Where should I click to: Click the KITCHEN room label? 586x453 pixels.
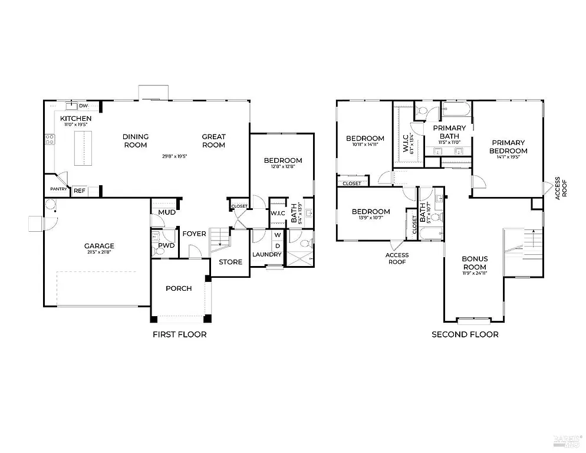[x=76, y=119]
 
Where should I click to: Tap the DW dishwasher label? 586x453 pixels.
[x=84, y=106]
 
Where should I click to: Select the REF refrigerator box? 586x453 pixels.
[x=79, y=191]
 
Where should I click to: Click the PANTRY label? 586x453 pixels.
[x=58, y=189]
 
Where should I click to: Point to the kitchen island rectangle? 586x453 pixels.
[x=84, y=149]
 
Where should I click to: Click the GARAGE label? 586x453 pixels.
[x=99, y=246]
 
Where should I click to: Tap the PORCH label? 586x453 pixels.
[x=179, y=288]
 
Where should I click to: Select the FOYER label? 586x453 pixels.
[x=194, y=234]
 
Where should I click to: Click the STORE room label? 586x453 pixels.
[x=231, y=262]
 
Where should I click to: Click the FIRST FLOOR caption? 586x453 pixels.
[x=179, y=334]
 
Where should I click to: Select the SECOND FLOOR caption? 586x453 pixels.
[x=465, y=334]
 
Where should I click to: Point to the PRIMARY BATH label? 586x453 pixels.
[x=449, y=132]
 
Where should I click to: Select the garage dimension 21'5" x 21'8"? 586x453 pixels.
[x=99, y=253]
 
